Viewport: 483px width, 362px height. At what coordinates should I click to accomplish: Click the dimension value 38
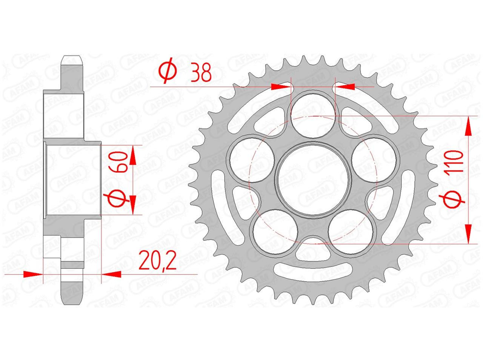click(201, 72)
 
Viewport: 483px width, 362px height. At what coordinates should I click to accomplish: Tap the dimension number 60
click(119, 162)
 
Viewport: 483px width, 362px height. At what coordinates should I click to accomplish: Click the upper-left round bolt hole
click(252, 160)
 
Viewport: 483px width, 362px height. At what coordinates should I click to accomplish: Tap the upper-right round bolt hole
click(374, 160)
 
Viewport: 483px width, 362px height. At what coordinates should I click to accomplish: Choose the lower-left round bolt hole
click(275, 232)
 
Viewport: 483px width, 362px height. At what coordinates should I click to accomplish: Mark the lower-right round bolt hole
click(351, 232)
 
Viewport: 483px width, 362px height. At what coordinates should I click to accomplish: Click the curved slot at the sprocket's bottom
click(313, 273)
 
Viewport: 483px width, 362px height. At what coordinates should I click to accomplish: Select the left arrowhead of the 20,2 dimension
click(33, 274)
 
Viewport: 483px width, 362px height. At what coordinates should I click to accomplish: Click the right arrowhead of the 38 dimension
click(345, 87)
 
